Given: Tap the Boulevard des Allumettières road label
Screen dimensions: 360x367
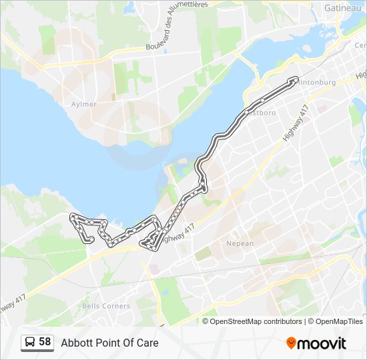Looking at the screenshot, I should tap(177, 27).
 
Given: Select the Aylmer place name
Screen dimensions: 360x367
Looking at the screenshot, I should tap(84, 105).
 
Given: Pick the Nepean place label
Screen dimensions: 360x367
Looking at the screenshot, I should tap(240, 243).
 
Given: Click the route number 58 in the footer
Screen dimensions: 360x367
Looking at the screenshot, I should tap(45, 342).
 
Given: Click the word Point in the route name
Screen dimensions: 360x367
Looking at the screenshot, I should tap(107, 343).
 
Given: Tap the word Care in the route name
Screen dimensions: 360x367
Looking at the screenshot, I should tap(147, 343).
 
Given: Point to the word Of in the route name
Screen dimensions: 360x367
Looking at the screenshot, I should tap(127, 343).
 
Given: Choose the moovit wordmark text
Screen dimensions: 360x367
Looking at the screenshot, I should tap(322, 343).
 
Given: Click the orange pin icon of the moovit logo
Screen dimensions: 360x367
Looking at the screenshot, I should tap(291, 343).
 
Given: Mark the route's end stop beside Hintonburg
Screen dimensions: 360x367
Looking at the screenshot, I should tap(294, 80).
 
